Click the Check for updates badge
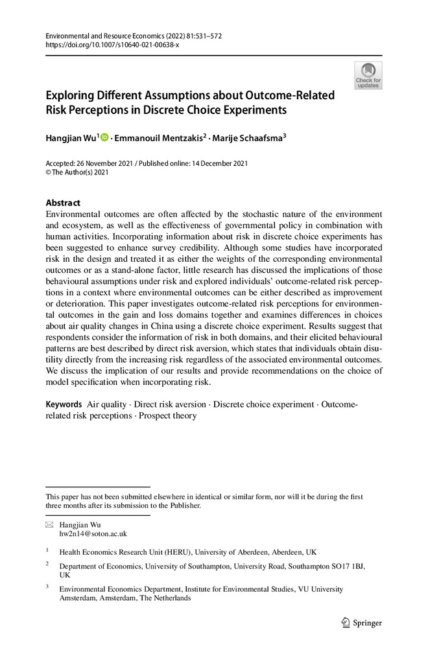tap(368, 76)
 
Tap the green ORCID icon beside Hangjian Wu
tap(104, 137)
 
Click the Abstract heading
tap(63, 202)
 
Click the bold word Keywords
tap(64, 404)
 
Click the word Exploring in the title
tap(70, 95)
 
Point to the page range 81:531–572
tap(201, 36)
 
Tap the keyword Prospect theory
tap(167, 415)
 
